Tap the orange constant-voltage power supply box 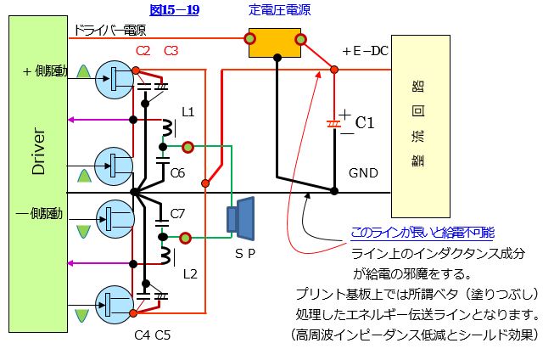(276, 40)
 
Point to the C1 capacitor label (364, 123)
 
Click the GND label (364, 172)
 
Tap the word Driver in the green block (37, 154)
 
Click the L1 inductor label (188, 111)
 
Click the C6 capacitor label (177, 172)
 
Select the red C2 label (143, 51)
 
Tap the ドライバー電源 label (109, 31)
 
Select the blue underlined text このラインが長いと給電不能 (422, 233)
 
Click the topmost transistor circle (113, 78)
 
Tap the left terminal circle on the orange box (251, 38)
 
